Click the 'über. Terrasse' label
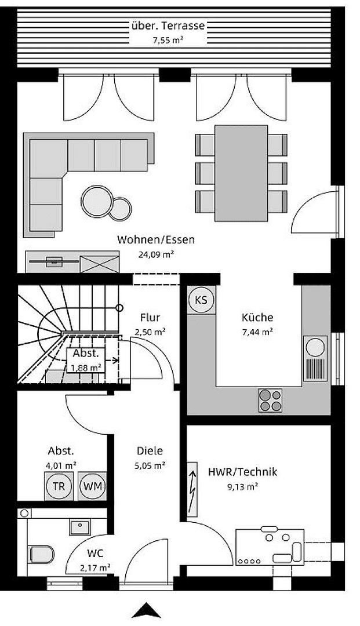[x=168, y=26]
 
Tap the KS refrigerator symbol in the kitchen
[x=201, y=300]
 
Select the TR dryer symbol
[x=59, y=486]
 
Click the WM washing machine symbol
[x=93, y=486]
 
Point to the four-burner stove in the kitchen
[x=270, y=399]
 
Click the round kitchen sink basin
[x=315, y=347]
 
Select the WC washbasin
[x=79, y=527]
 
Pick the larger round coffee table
[x=97, y=201]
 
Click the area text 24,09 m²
[x=155, y=254]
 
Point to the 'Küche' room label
[x=257, y=318]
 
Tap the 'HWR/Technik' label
[x=242, y=472]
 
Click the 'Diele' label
[x=150, y=451]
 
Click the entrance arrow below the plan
[x=147, y=610]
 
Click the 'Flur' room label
[x=150, y=318]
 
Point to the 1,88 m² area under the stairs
[x=86, y=367]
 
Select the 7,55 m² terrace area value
[x=168, y=40]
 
